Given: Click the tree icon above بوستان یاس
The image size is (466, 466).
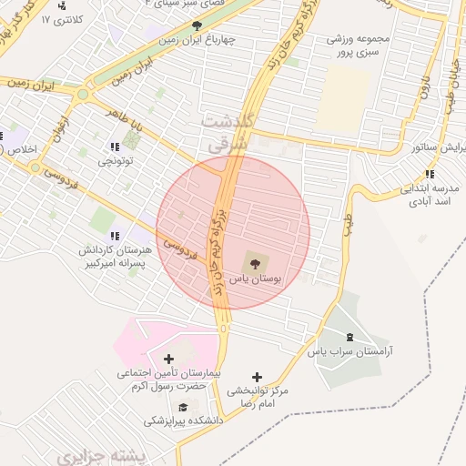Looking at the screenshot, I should pos(254,263).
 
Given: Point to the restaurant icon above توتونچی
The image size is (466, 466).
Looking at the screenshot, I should pos(115,147).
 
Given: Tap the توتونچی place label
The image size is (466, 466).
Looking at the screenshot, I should pos(116,161).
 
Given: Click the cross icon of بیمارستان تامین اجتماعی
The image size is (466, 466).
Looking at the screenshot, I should pos(167,359).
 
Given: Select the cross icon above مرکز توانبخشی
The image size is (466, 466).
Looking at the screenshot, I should pos(258,376).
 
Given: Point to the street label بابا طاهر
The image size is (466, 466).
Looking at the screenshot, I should pos(126,116).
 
